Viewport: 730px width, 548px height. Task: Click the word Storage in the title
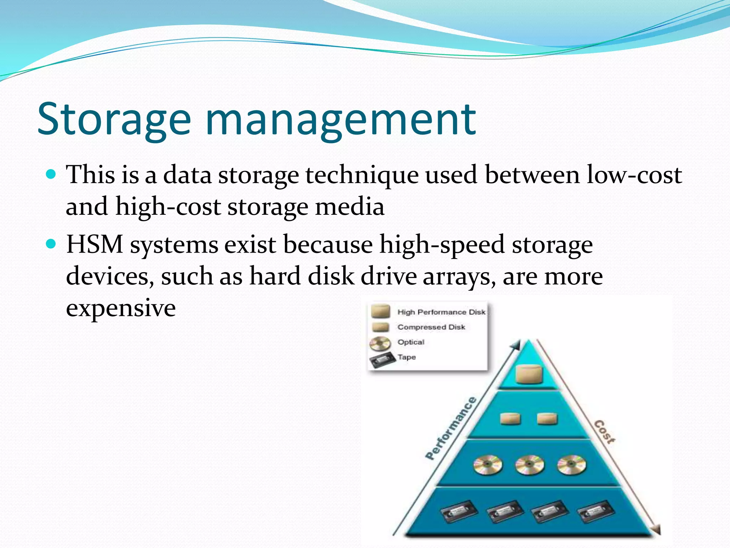(x=114, y=120)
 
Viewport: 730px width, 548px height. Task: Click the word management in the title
(x=340, y=120)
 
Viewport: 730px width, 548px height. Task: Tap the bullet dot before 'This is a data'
(x=52, y=174)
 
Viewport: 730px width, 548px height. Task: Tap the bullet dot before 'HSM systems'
(x=52, y=244)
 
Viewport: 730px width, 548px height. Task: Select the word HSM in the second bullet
(x=94, y=245)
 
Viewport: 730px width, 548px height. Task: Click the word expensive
(x=120, y=308)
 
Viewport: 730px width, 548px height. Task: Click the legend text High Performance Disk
(x=441, y=312)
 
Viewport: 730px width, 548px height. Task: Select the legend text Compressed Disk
(x=431, y=327)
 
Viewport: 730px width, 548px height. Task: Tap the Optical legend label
(x=411, y=342)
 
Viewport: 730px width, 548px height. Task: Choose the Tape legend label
(x=407, y=357)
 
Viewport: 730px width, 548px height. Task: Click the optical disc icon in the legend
(x=380, y=344)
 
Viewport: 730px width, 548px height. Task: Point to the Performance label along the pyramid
(x=451, y=428)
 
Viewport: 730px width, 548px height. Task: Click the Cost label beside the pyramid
(x=605, y=432)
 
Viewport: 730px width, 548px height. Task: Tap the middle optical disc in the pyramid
(x=530, y=465)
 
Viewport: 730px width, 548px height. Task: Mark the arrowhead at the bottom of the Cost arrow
(x=656, y=529)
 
